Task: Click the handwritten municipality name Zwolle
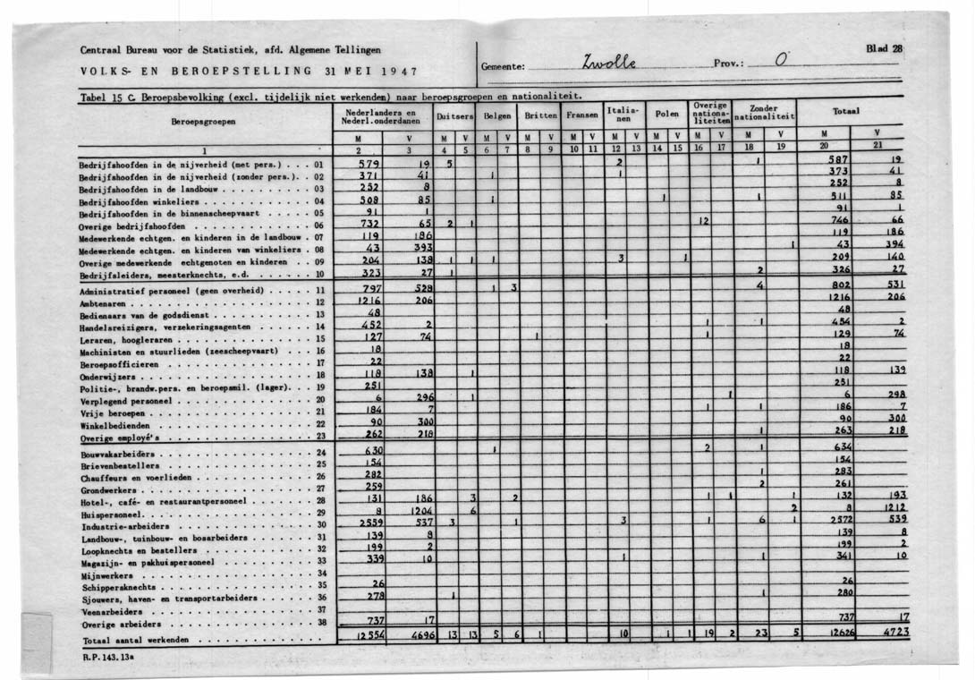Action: point(610,63)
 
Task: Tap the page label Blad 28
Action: point(884,49)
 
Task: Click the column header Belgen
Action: point(496,116)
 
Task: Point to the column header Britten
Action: point(539,116)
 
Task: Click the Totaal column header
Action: point(845,112)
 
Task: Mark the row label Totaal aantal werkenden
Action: point(135,642)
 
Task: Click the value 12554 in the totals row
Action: point(369,635)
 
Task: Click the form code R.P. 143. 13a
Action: point(106,659)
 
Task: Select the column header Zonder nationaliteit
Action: point(764,113)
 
